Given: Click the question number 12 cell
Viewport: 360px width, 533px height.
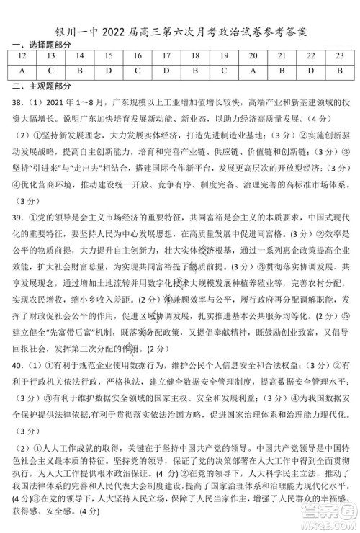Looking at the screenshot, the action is pyautogui.click(x=22, y=55).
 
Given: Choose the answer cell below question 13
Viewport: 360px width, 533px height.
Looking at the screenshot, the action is pyautogui.click(x=51, y=71).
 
